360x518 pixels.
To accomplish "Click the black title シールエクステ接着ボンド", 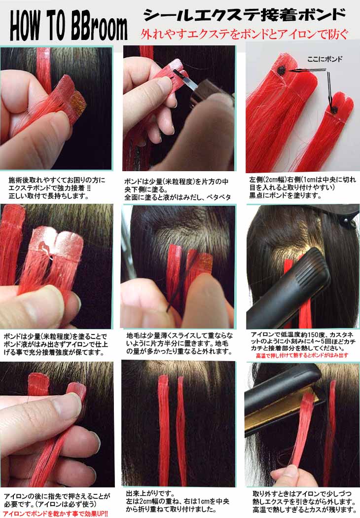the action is tap(245, 15).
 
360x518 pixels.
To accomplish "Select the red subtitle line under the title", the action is tap(244, 34).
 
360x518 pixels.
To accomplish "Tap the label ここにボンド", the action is tap(324, 59).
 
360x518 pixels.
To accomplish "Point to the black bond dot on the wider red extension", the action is tap(282, 70).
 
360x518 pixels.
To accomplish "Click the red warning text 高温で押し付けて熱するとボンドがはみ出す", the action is tap(302, 356).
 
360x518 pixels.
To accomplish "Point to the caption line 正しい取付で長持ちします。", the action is tap(48, 196).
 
